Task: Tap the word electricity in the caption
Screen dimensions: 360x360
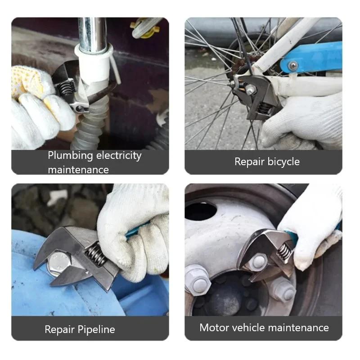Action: (119, 156)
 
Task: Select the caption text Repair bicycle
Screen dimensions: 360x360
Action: (267, 162)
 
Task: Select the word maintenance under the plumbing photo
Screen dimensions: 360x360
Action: (78, 170)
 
